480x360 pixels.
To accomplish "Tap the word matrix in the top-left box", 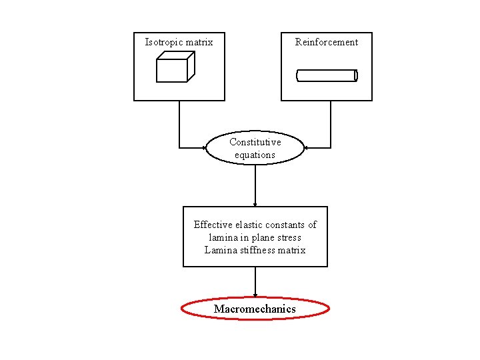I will tap(199, 43).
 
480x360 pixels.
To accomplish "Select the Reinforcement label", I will tap(327, 42).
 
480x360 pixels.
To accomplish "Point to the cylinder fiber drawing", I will tap(327, 76).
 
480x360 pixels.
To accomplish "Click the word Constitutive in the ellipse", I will tap(255, 142).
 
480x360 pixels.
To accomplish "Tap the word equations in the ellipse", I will tap(255, 155).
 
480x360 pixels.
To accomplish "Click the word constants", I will tap(287, 225).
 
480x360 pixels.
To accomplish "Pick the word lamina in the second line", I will tap(223, 237).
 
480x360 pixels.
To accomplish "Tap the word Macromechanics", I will tap(255, 309).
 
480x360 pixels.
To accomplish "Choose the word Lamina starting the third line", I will tap(217, 250).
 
